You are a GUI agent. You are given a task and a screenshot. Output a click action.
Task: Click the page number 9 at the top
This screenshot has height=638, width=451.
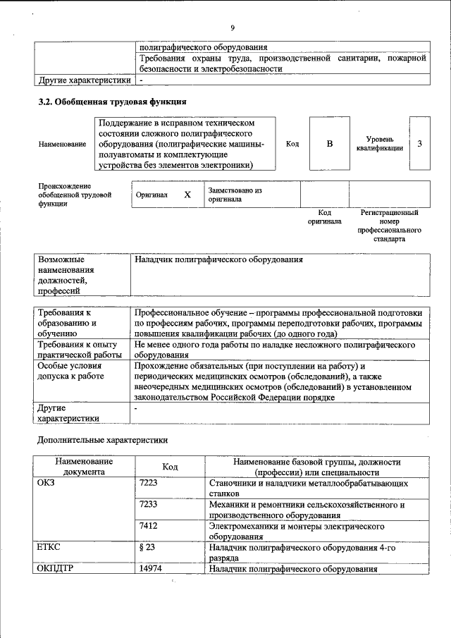[231, 28]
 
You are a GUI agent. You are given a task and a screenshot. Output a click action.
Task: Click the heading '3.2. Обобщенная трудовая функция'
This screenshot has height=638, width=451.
[112, 102]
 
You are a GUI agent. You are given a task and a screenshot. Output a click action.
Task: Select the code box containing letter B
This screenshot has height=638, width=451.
[329, 144]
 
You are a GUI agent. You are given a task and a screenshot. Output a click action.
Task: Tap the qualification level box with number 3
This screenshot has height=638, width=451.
[419, 144]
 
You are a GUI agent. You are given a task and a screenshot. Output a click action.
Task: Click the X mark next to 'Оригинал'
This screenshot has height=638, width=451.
[187, 195]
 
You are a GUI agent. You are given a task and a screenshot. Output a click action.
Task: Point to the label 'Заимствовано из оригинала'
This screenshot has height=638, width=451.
[235, 195]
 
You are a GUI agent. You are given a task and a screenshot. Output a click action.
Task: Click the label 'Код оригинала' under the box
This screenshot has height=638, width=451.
[324, 216]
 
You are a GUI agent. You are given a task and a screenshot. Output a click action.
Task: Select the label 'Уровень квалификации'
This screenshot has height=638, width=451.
[380, 144]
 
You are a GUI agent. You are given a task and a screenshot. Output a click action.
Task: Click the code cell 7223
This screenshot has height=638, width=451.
[149, 484]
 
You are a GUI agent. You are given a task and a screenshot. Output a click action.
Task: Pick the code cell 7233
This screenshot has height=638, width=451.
[149, 505]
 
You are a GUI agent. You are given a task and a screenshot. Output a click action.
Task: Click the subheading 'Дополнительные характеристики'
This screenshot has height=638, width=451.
[102, 439]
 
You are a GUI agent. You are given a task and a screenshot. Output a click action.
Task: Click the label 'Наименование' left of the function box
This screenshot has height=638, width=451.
[62, 144]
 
